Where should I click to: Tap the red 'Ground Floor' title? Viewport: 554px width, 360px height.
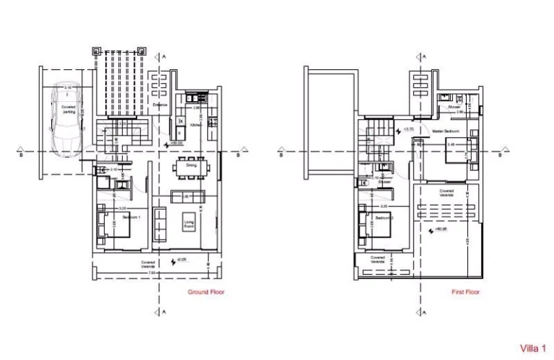203,292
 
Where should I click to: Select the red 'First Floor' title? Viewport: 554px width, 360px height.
465,292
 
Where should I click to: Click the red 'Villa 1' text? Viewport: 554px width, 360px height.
532,348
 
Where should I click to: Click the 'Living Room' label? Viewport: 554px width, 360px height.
189,224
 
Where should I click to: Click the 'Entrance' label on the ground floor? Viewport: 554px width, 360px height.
159,105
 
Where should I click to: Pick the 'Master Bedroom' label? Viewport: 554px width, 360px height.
447,132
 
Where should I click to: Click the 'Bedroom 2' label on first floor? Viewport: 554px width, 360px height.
384,216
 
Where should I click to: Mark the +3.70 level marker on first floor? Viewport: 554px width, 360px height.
409,129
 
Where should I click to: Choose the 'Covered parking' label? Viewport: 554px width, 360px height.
69,109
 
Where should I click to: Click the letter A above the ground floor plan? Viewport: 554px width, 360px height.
164,55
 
